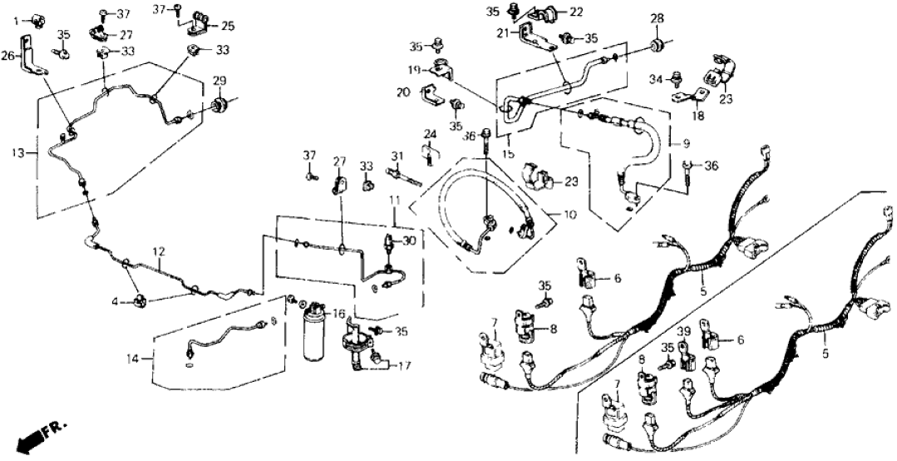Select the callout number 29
coord(219,80)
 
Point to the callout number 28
coord(657,18)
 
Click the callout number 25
coord(227,27)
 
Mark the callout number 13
coord(20,152)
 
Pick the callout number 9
coord(686,143)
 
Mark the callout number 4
coord(116,300)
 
